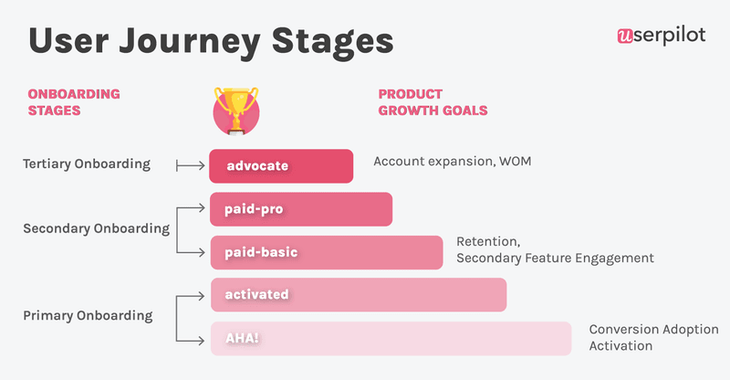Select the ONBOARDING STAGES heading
74,102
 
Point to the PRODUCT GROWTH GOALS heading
433,102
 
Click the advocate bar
281,166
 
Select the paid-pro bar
301,209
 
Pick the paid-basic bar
327,252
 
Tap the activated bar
358,295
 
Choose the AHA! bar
391,338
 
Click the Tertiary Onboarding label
86,164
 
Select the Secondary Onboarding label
96,228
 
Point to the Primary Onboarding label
88,315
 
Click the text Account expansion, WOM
452,162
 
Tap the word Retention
488,242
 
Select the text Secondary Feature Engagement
555,259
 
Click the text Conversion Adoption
653,329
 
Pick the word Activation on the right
620,346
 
